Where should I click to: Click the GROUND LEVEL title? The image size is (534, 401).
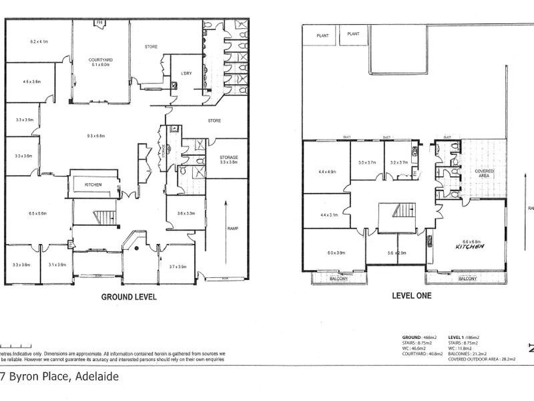(x=128, y=297)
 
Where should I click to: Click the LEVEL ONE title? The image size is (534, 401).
(x=412, y=295)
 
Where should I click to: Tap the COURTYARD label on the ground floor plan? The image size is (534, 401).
(x=101, y=60)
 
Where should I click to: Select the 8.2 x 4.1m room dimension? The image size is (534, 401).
(x=39, y=41)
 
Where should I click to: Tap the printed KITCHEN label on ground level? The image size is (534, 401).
(x=93, y=184)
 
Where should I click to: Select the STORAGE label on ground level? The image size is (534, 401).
(x=229, y=158)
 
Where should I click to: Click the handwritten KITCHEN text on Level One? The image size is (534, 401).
(x=469, y=247)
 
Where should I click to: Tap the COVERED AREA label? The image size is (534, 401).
(x=485, y=174)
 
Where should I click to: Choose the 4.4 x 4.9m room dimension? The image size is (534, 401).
(x=327, y=172)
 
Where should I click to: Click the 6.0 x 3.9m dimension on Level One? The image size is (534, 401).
(x=336, y=253)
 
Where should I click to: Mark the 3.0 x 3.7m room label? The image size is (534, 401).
(x=367, y=162)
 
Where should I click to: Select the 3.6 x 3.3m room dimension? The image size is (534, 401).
(x=186, y=213)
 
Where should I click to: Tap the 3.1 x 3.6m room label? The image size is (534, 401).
(x=57, y=265)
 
